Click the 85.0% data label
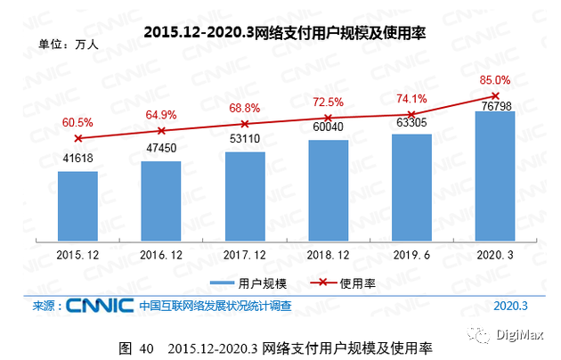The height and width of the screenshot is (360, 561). click(x=495, y=79)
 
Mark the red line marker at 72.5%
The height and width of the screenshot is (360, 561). click(x=329, y=118)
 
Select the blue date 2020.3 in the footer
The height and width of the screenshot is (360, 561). click(x=510, y=306)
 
